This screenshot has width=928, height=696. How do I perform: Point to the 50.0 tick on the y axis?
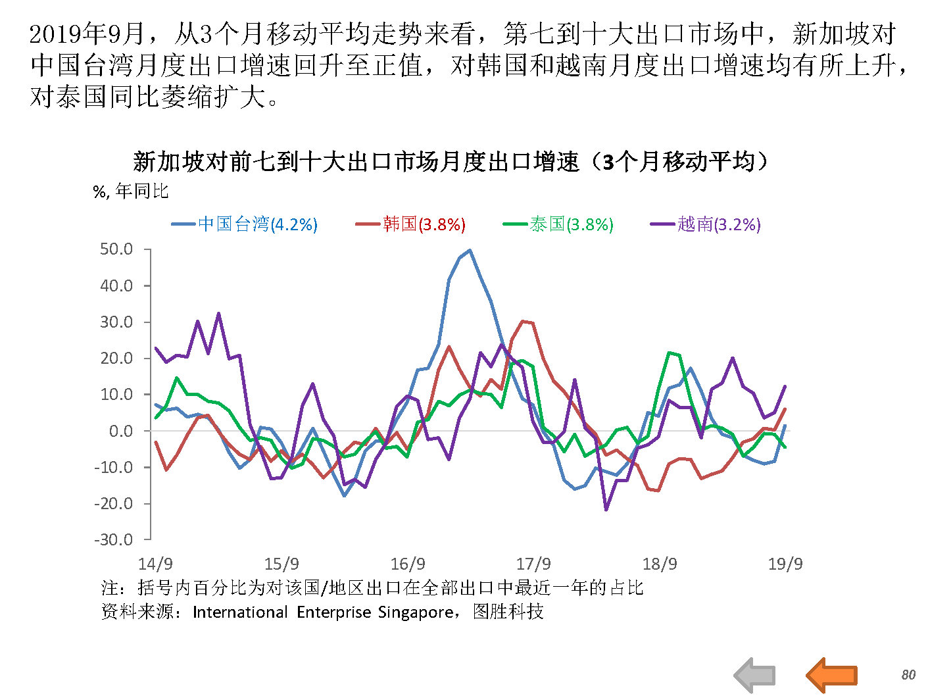116,249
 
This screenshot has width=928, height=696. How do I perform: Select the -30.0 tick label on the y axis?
113,540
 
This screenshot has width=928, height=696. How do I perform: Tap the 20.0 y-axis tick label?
116,359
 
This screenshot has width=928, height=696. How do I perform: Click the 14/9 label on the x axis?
155,564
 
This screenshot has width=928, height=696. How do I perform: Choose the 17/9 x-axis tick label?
533,564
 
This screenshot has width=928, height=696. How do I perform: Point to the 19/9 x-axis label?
785,564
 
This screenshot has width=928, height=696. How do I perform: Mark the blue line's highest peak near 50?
469,250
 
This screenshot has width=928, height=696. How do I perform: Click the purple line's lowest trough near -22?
606,509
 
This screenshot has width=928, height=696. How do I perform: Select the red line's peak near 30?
523,321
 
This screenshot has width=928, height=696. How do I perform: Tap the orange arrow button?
831,674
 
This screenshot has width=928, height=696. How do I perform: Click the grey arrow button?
755,675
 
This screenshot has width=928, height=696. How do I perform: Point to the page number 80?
908,675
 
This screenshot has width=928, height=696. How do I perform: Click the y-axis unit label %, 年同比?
131,191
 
